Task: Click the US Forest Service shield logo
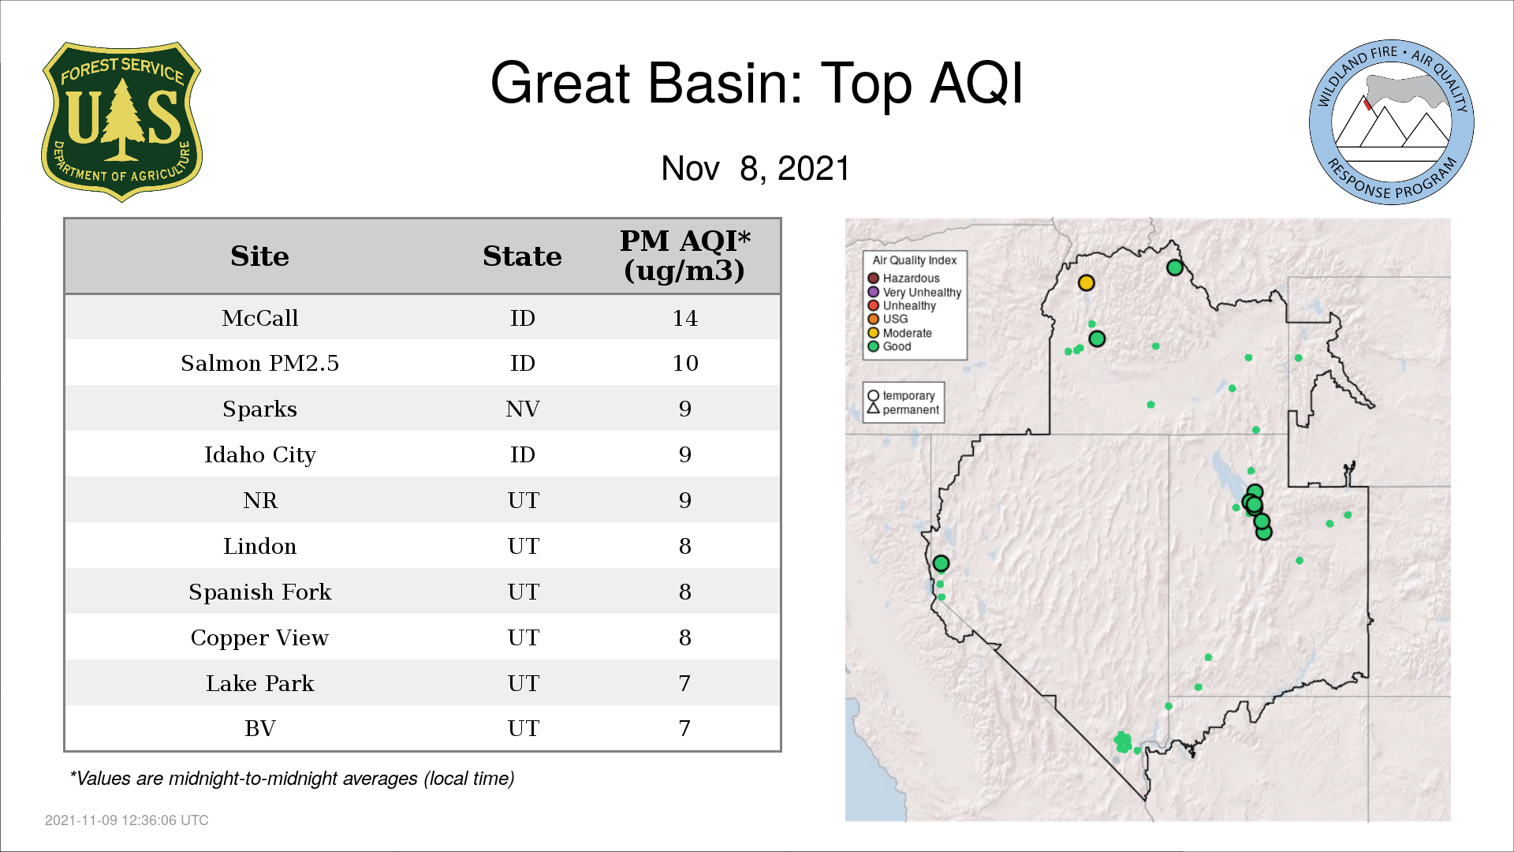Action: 121,122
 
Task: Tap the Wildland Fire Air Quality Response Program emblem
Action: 1392,122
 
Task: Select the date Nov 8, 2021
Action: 755,168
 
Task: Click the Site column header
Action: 259,256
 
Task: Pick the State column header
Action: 522,256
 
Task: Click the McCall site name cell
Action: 259,318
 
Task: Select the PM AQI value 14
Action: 684,318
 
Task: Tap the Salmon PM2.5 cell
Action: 259,363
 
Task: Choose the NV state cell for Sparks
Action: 522,409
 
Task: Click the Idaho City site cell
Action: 259,455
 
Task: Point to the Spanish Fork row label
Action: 259,592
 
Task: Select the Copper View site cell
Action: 259,638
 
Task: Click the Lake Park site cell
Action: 259,683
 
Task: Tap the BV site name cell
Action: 259,728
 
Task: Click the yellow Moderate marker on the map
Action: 1086,282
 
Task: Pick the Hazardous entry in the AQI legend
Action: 904,278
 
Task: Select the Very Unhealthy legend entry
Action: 915,292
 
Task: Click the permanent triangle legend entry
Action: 904,409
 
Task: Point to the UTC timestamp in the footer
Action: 127,820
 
